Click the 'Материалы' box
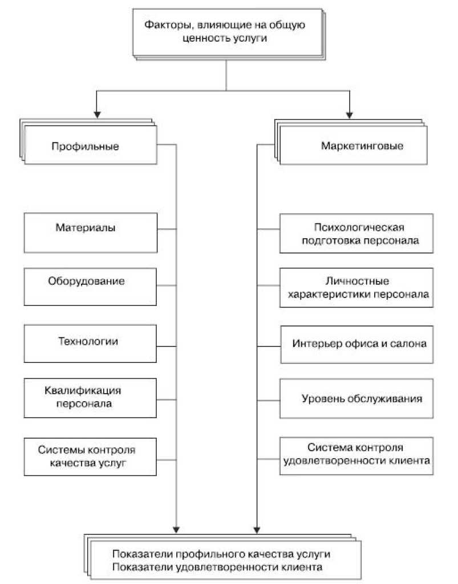pyautogui.click(x=91, y=232)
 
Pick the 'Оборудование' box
pyautogui.click(x=91, y=287)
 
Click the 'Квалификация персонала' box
pyautogui.click(x=91, y=397)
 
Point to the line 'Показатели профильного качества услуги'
pyautogui.click(x=221, y=554)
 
